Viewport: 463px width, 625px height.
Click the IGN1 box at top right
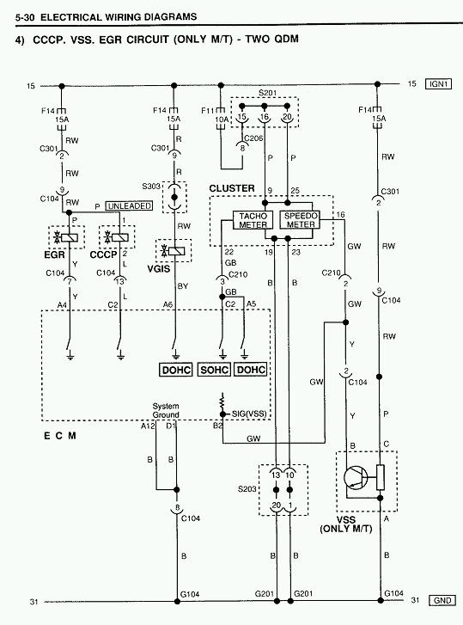(x=438, y=84)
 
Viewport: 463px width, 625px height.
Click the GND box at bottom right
(x=442, y=600)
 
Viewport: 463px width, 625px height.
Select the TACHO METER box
(x=253, y=220)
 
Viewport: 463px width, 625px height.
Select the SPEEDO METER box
(x=300, y=220)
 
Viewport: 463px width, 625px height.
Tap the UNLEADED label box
(x=129, y=206)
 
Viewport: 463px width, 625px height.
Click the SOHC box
(x=214, y=370)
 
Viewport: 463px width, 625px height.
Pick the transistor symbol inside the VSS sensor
(x=356, y=477)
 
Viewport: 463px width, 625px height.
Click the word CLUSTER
(x=232, y=188)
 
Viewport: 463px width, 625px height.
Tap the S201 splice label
(x=267, y=93)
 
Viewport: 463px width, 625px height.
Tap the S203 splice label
(x=247, y=488)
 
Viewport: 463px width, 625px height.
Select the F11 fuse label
(x=207, y=110)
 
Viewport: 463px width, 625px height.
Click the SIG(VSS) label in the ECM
(x=249, y=414)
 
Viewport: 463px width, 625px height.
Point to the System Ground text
(x=166, y=411)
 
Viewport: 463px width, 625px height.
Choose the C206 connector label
(x=253, y=138)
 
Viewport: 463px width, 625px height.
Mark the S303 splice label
(x=151, y=187)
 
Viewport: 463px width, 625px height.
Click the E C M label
(x=60, y=436)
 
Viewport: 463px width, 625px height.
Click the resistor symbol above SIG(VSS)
(x=222, y=401)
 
